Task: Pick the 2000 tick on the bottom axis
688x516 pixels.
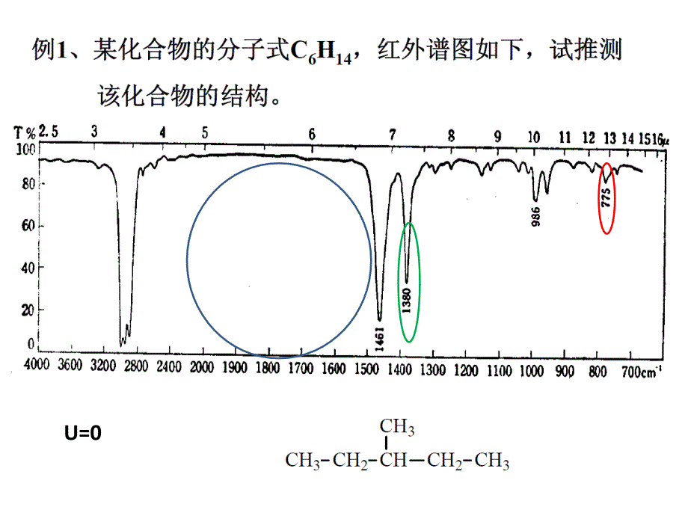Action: click(203, 367)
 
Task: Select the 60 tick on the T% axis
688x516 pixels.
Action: click(28, 226)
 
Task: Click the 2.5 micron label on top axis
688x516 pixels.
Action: click(49, 132)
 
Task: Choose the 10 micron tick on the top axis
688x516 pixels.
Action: click(533, 137)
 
